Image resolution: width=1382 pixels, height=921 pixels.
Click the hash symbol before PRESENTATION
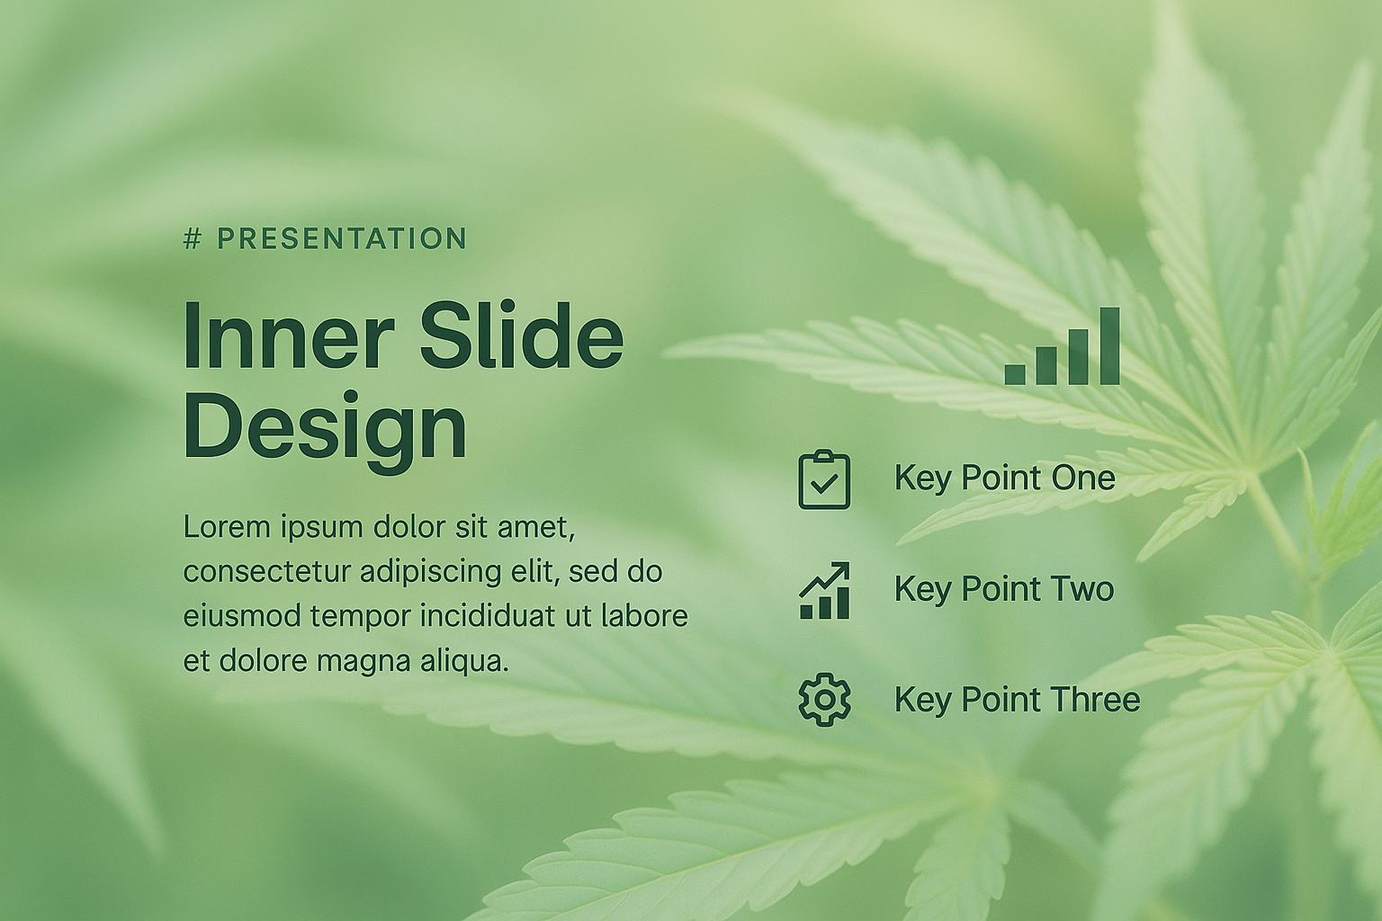pos(193,238)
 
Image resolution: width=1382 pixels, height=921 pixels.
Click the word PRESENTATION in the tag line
pos(343,238)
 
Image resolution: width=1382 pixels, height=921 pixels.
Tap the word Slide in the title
pos(522,336)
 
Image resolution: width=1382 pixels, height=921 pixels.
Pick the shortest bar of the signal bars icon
pos(1015,374)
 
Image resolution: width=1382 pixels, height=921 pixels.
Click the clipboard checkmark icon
pos(824,479)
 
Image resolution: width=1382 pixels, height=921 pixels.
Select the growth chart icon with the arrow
pos(824,590)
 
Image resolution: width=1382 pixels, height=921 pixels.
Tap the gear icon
pos(824,700)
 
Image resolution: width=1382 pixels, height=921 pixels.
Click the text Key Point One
pos(1005,478)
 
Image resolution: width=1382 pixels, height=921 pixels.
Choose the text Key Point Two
pos(1004,589)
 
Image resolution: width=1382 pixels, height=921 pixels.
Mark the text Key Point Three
pos(1018,700)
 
